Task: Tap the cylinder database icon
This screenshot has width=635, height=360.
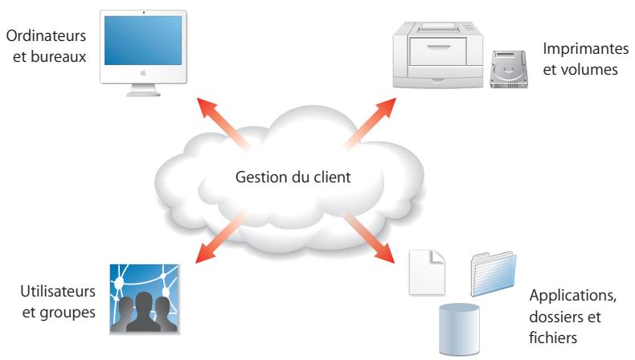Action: [458, 326]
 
